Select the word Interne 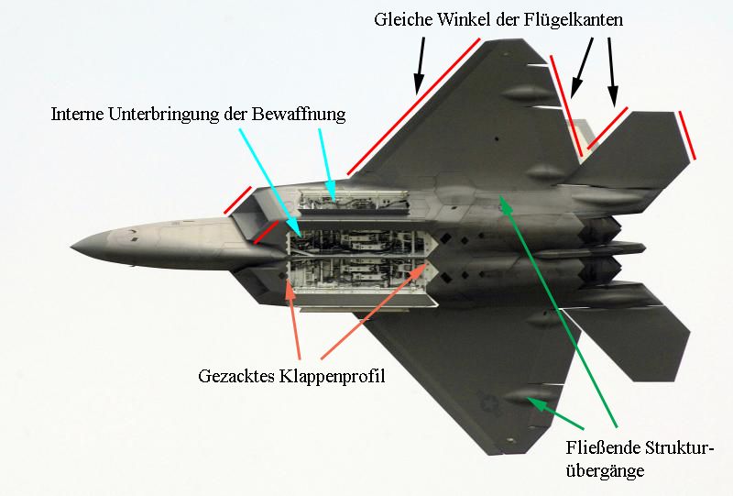point(80,115)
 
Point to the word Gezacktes point(235,377)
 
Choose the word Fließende point(596,448)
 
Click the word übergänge point(606,471)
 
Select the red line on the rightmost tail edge point(684,136)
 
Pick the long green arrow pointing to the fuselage point(559,312)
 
